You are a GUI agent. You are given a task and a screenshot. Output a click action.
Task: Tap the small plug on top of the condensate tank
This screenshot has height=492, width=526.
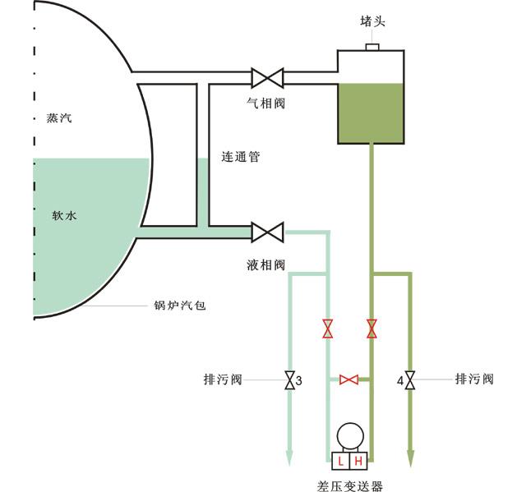[x=371, y=47]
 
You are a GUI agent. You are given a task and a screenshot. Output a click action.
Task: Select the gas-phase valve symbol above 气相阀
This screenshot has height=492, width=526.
[x=267, y=79]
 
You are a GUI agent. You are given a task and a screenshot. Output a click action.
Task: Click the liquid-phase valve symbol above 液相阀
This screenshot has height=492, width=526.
[x=267, y=232]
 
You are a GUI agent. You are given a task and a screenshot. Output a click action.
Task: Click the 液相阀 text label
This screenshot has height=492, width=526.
[x=265, y=264]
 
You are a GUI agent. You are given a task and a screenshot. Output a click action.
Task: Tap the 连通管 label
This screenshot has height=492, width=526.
[x=240, y=156]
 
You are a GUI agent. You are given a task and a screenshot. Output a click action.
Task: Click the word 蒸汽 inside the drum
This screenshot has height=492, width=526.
[x=58, y=117]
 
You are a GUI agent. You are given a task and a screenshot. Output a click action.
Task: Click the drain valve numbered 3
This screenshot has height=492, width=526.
[x=288, y=381]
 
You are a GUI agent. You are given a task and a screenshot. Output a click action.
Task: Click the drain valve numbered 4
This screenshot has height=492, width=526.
[x=409, y=381]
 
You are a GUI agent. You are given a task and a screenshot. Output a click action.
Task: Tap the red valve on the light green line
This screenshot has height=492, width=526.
[x=328, y=329]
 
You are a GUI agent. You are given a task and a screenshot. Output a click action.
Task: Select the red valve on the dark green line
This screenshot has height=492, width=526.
[x=371, y=329]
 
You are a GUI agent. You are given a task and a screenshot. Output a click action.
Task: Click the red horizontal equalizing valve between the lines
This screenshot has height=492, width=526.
[x=349, y=379]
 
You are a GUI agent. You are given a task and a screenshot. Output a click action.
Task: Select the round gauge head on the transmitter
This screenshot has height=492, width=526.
[x=350, y=435]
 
